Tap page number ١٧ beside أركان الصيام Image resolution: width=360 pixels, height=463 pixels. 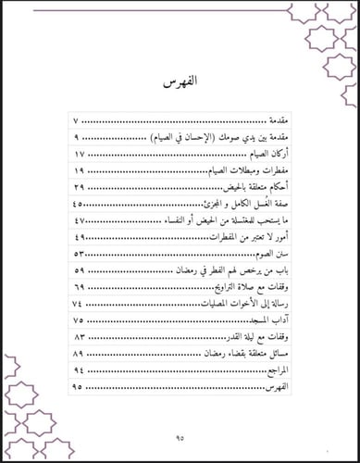[x=79, y=154]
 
